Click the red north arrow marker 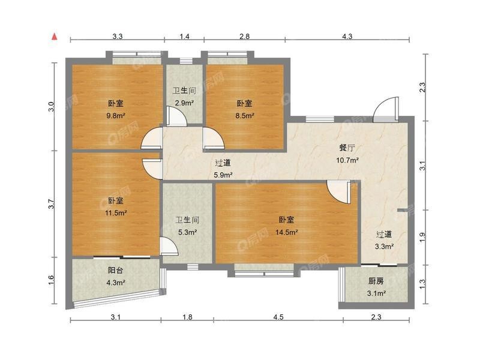(x=55, y=37)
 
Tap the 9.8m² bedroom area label (x=116, y=116)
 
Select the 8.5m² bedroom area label (x=245, y=116)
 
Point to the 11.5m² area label (x=116, y=213)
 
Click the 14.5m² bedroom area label (x=287, y=232)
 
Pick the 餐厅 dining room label (x=347, y=148)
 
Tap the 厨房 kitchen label (x=376, y=281)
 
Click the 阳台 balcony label (x=116, y=271)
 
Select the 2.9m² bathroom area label (x=184, y=103)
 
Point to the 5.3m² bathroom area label (x=187, y=232)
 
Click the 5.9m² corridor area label (x=223, y=175)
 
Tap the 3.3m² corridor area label (x=384, y=247)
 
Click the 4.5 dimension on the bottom (x=278, y=317)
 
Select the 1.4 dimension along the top (x=184, y=37)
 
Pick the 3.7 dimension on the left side (x=52, y=204)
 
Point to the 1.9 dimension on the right (x=422, y=237)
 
